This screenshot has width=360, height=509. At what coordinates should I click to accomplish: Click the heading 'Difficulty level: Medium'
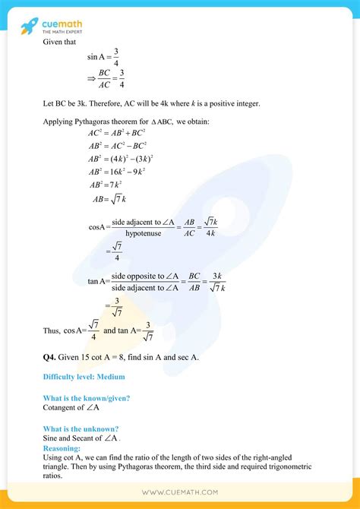pyautogui.click(x=84, y=377)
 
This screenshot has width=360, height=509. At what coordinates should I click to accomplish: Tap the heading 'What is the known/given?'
pyautogui.click(x=86, y=399)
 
